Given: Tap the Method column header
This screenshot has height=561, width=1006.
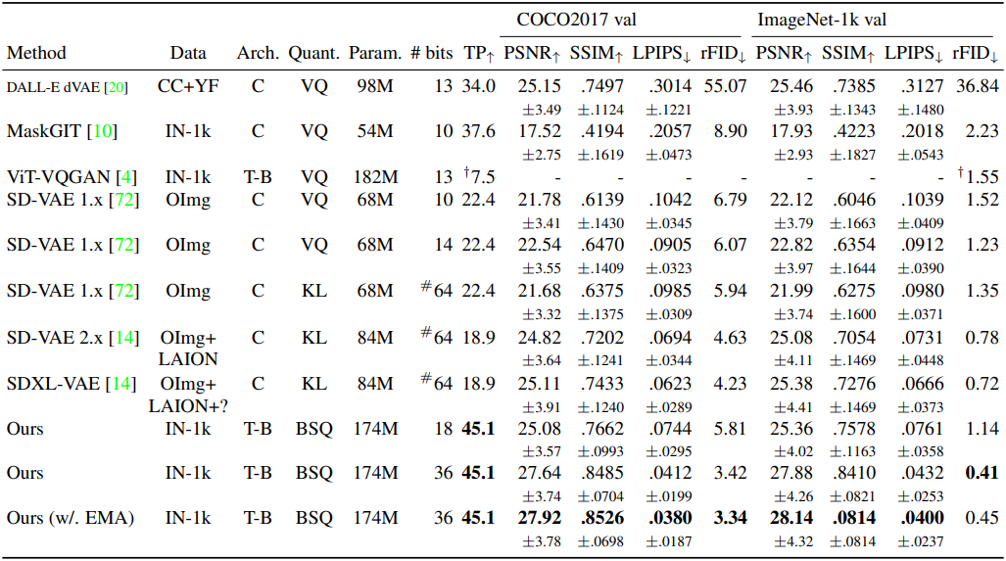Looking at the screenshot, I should click(36, 53).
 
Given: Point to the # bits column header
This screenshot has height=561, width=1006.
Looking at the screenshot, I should click(430, 53).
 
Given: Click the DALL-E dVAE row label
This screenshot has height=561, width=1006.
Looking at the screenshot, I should click(68, 87).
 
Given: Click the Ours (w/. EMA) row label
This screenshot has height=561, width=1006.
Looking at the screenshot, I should click(71, 518).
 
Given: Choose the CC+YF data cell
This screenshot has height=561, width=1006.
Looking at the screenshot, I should click(188, 87).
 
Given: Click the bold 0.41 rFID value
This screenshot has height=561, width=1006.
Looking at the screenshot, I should click(980, 473).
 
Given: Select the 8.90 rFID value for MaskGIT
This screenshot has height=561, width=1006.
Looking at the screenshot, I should click(727, 130).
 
